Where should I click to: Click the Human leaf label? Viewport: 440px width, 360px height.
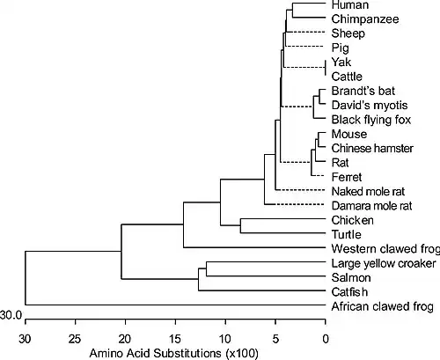(349, 4)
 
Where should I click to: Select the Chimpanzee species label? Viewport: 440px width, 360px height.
(365, 19)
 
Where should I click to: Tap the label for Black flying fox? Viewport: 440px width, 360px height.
(371, 120)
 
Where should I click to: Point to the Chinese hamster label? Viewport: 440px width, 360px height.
(372, 148)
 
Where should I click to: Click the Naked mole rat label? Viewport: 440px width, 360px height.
(368, 192)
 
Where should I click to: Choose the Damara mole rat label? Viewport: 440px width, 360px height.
(371, 206)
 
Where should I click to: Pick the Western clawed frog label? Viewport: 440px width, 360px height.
(385, 249)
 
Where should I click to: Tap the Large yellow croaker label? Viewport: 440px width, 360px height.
(384, 263)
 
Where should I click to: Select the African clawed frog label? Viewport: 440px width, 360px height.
(383, 306)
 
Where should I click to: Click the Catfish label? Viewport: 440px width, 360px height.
(349, 292)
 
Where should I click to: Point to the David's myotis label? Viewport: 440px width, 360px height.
(370, 106)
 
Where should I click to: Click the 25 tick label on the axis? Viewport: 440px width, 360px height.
(75, 339)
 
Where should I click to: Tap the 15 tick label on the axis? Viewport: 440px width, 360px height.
(175, 339)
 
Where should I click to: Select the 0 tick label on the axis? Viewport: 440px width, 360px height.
(326, 339)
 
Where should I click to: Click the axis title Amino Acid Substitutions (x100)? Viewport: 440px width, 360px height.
(173, 353)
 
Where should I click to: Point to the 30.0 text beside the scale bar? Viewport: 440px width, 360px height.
(11, 315)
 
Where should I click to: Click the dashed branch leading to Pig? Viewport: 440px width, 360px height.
(304, 47)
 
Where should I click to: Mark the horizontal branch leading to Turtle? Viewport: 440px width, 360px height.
(282, 233)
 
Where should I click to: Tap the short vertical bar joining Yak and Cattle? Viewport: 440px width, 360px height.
(326, 68)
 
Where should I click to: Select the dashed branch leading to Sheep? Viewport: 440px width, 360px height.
(305, 32)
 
